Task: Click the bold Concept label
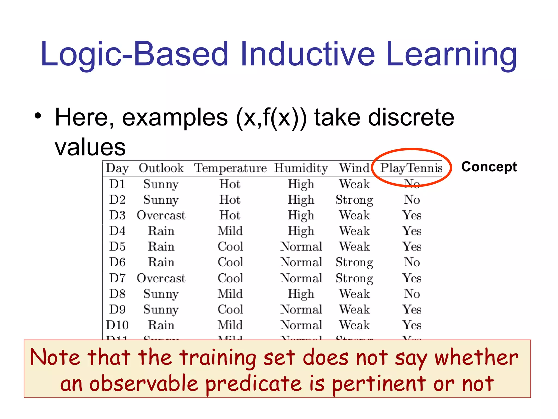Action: [x=489, y=167]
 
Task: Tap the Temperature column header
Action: [x=230, y=168]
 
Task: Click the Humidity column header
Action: [x=301, y=168]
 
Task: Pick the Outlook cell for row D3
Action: [x=161, y=215]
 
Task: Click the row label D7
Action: [x=117, y=278]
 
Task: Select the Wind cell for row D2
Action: [x=354, y=200]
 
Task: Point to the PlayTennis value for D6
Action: [x=412, y=262]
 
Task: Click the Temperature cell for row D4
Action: [x=230, y=231]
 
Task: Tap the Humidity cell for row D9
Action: [x=301, y=310]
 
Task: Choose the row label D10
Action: [x=117, y=325]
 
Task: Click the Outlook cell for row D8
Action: [x=161, y=294]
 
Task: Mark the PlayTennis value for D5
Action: [x=412, y=247]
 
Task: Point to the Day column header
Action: [x=117, y=168]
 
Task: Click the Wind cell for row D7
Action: [x=354, y=278]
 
